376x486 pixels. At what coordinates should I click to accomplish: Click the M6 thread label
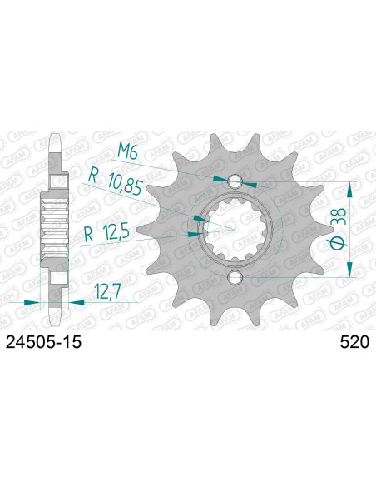tap(127, 151)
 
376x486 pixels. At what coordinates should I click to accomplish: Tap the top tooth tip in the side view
tap(55, 140)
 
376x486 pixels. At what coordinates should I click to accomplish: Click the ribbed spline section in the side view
tap(55, 229)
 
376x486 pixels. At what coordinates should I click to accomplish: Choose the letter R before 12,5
tap(87, 235)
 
